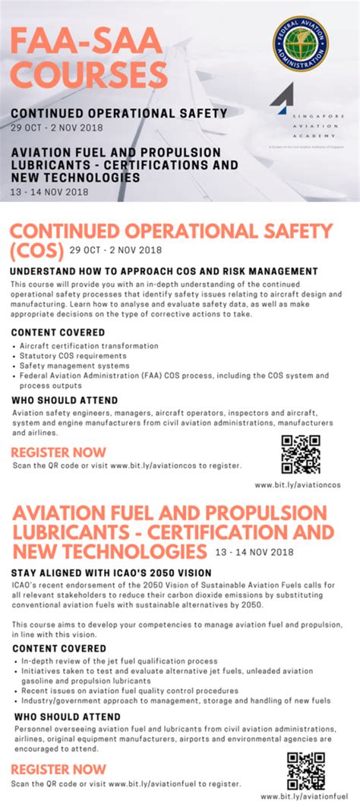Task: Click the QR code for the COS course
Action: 301,454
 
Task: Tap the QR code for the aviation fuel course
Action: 305,770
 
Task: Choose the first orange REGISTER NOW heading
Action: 58,452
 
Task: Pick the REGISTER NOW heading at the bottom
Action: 58,770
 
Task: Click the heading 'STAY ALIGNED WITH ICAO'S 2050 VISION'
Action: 111,572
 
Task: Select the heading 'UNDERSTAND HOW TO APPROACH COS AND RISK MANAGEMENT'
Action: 164,271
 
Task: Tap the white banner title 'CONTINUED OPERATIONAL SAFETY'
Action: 118,113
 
